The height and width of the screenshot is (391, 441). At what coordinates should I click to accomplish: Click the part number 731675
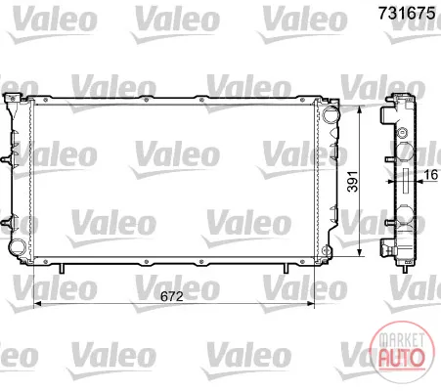(407, 14)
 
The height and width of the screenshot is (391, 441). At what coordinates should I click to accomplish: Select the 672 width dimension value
(172, 296)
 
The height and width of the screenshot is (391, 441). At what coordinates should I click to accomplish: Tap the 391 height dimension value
(352, 182)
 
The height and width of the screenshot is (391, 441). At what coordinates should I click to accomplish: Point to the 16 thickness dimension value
(430, 175)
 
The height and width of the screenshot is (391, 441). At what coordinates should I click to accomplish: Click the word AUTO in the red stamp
(402, 358)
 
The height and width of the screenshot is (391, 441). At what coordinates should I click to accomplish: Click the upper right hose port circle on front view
(331, 114)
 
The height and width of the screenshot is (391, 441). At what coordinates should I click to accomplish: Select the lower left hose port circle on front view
(17, 247)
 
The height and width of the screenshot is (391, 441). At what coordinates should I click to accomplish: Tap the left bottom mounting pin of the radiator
(62, 269)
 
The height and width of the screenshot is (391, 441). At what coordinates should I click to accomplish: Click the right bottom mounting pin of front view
(286, 269)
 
